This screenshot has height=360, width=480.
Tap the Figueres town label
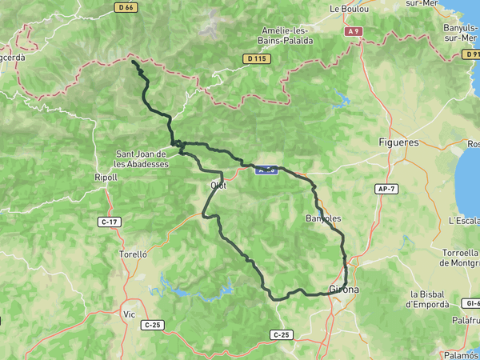click(398, 142)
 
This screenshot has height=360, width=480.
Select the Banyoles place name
click(324, 218)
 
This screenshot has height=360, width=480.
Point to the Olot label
click(218, 186)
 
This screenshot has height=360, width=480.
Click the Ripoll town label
click(106, 178)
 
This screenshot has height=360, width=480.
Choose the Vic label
click(129, 314)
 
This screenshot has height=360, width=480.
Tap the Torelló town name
click(133, 254)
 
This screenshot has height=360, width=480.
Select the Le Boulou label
click(349, 10)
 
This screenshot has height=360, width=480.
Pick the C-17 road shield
click(110, 222)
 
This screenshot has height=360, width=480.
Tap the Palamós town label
click(462, 354)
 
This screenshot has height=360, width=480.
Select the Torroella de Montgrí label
click(454, 258)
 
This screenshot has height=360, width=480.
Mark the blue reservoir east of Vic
click(196, 290)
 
